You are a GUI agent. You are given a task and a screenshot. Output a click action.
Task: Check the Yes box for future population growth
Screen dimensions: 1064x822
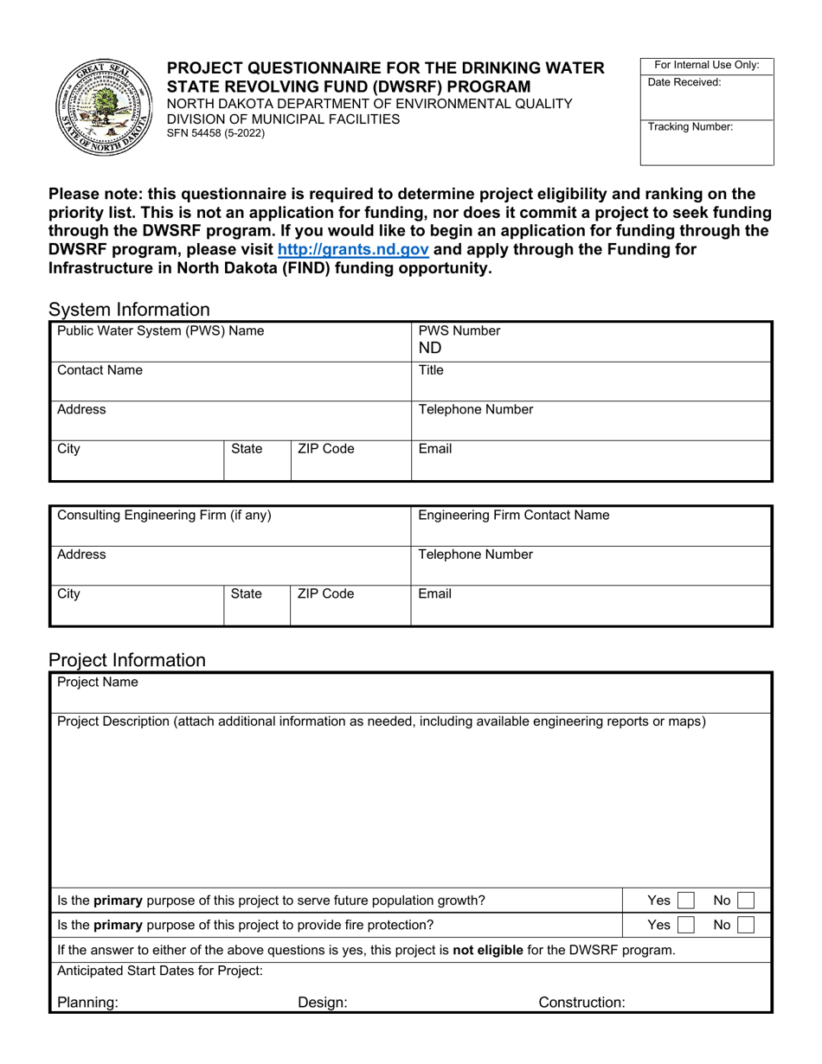click(685, 901)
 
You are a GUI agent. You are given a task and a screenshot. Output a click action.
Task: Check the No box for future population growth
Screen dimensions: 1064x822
click(745, 901)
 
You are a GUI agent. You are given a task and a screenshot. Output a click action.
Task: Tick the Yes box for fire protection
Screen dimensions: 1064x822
click(685, 925)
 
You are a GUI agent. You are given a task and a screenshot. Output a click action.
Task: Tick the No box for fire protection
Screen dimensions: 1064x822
click(745, 925)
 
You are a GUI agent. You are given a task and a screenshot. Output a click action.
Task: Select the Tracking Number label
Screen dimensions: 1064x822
click(690, 126)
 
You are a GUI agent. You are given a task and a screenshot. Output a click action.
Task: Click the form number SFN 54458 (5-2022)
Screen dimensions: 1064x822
click(215, 133)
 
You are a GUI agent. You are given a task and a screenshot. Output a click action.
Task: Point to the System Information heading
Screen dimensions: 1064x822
click(129, 310)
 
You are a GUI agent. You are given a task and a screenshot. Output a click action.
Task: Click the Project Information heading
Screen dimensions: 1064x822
click(127, 660)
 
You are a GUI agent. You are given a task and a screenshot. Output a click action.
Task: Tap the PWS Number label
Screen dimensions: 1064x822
click(459, 330)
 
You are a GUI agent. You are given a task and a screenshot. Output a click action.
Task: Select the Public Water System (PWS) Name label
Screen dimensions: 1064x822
click(160, 330)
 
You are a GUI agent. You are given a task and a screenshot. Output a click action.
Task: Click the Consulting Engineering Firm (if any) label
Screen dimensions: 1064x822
click(164, 516)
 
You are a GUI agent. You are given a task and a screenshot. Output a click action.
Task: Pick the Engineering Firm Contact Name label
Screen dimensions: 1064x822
click(513, 516)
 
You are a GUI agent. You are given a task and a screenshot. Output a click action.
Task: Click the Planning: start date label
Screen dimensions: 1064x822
click(87, 1003)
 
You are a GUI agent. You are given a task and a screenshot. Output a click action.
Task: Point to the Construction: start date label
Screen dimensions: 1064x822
click(581, 1003)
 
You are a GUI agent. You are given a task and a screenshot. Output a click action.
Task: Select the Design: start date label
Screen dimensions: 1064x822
click(323, 1003)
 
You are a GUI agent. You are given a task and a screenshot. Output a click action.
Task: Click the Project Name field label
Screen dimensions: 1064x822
click(97, 683)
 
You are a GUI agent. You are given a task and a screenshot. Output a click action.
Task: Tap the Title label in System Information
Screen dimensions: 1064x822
click(431, 370)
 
